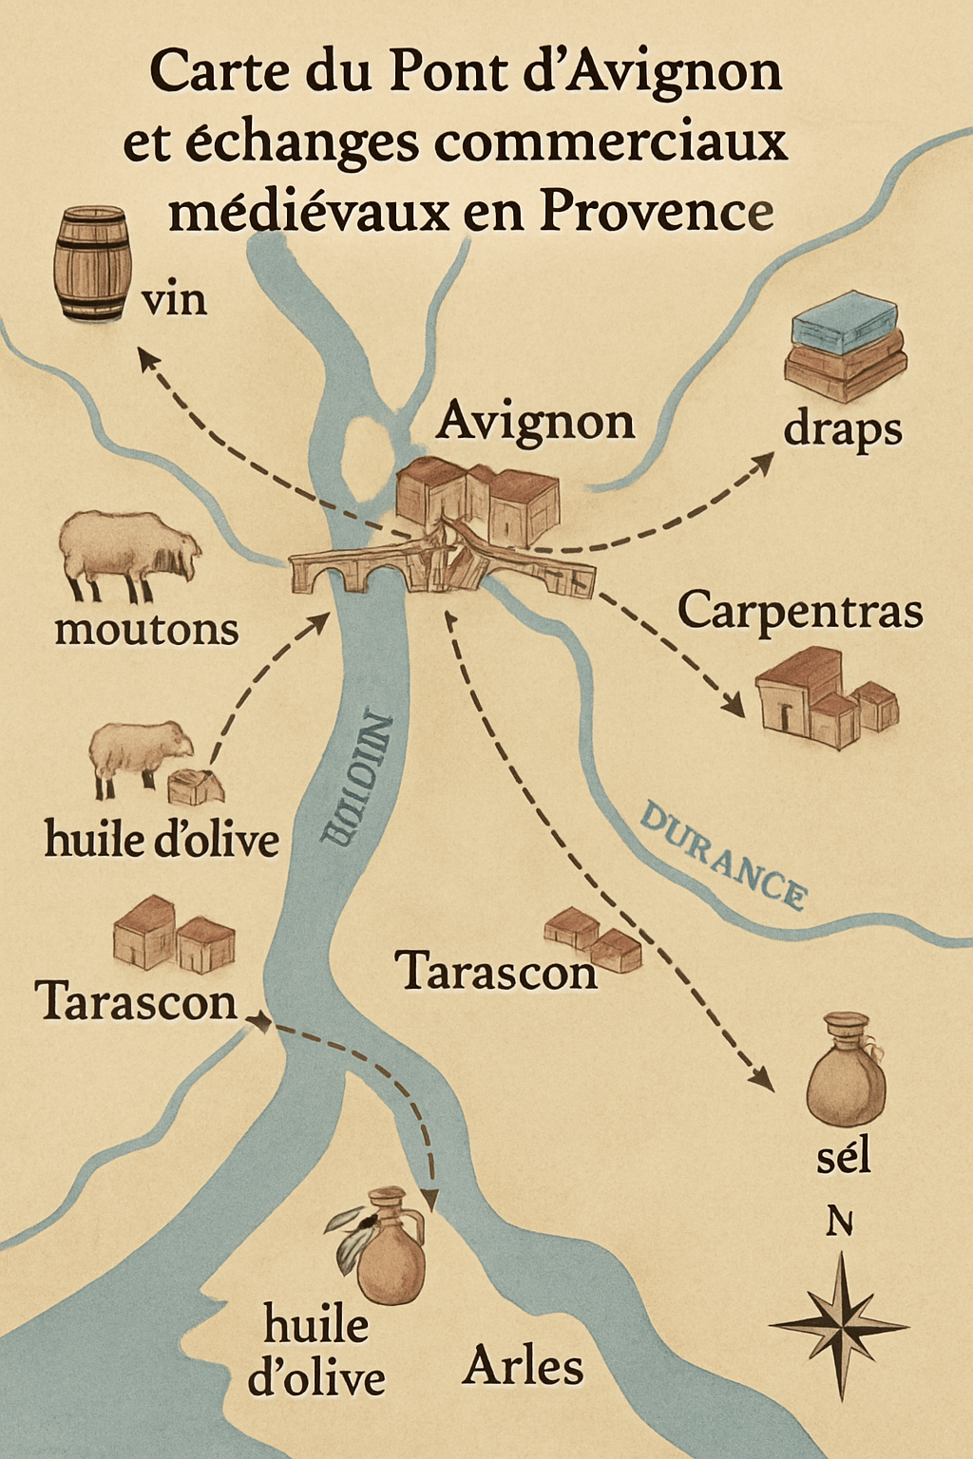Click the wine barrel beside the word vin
tap(92, 264)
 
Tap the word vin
tap(174, 300)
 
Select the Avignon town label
tap(535, 421)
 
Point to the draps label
tap(842, 430)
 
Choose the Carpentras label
tap(799, 610)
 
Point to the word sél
tap(843, 1156)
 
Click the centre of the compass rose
tap(841, 1325)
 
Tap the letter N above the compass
tap(839, 1222)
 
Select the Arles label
tap(523, 1367)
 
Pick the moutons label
tap(146, 630)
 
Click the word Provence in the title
tap(657, 211)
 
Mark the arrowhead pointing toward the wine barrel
tap(146, 358)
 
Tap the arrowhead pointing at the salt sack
tap(761, 1078)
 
